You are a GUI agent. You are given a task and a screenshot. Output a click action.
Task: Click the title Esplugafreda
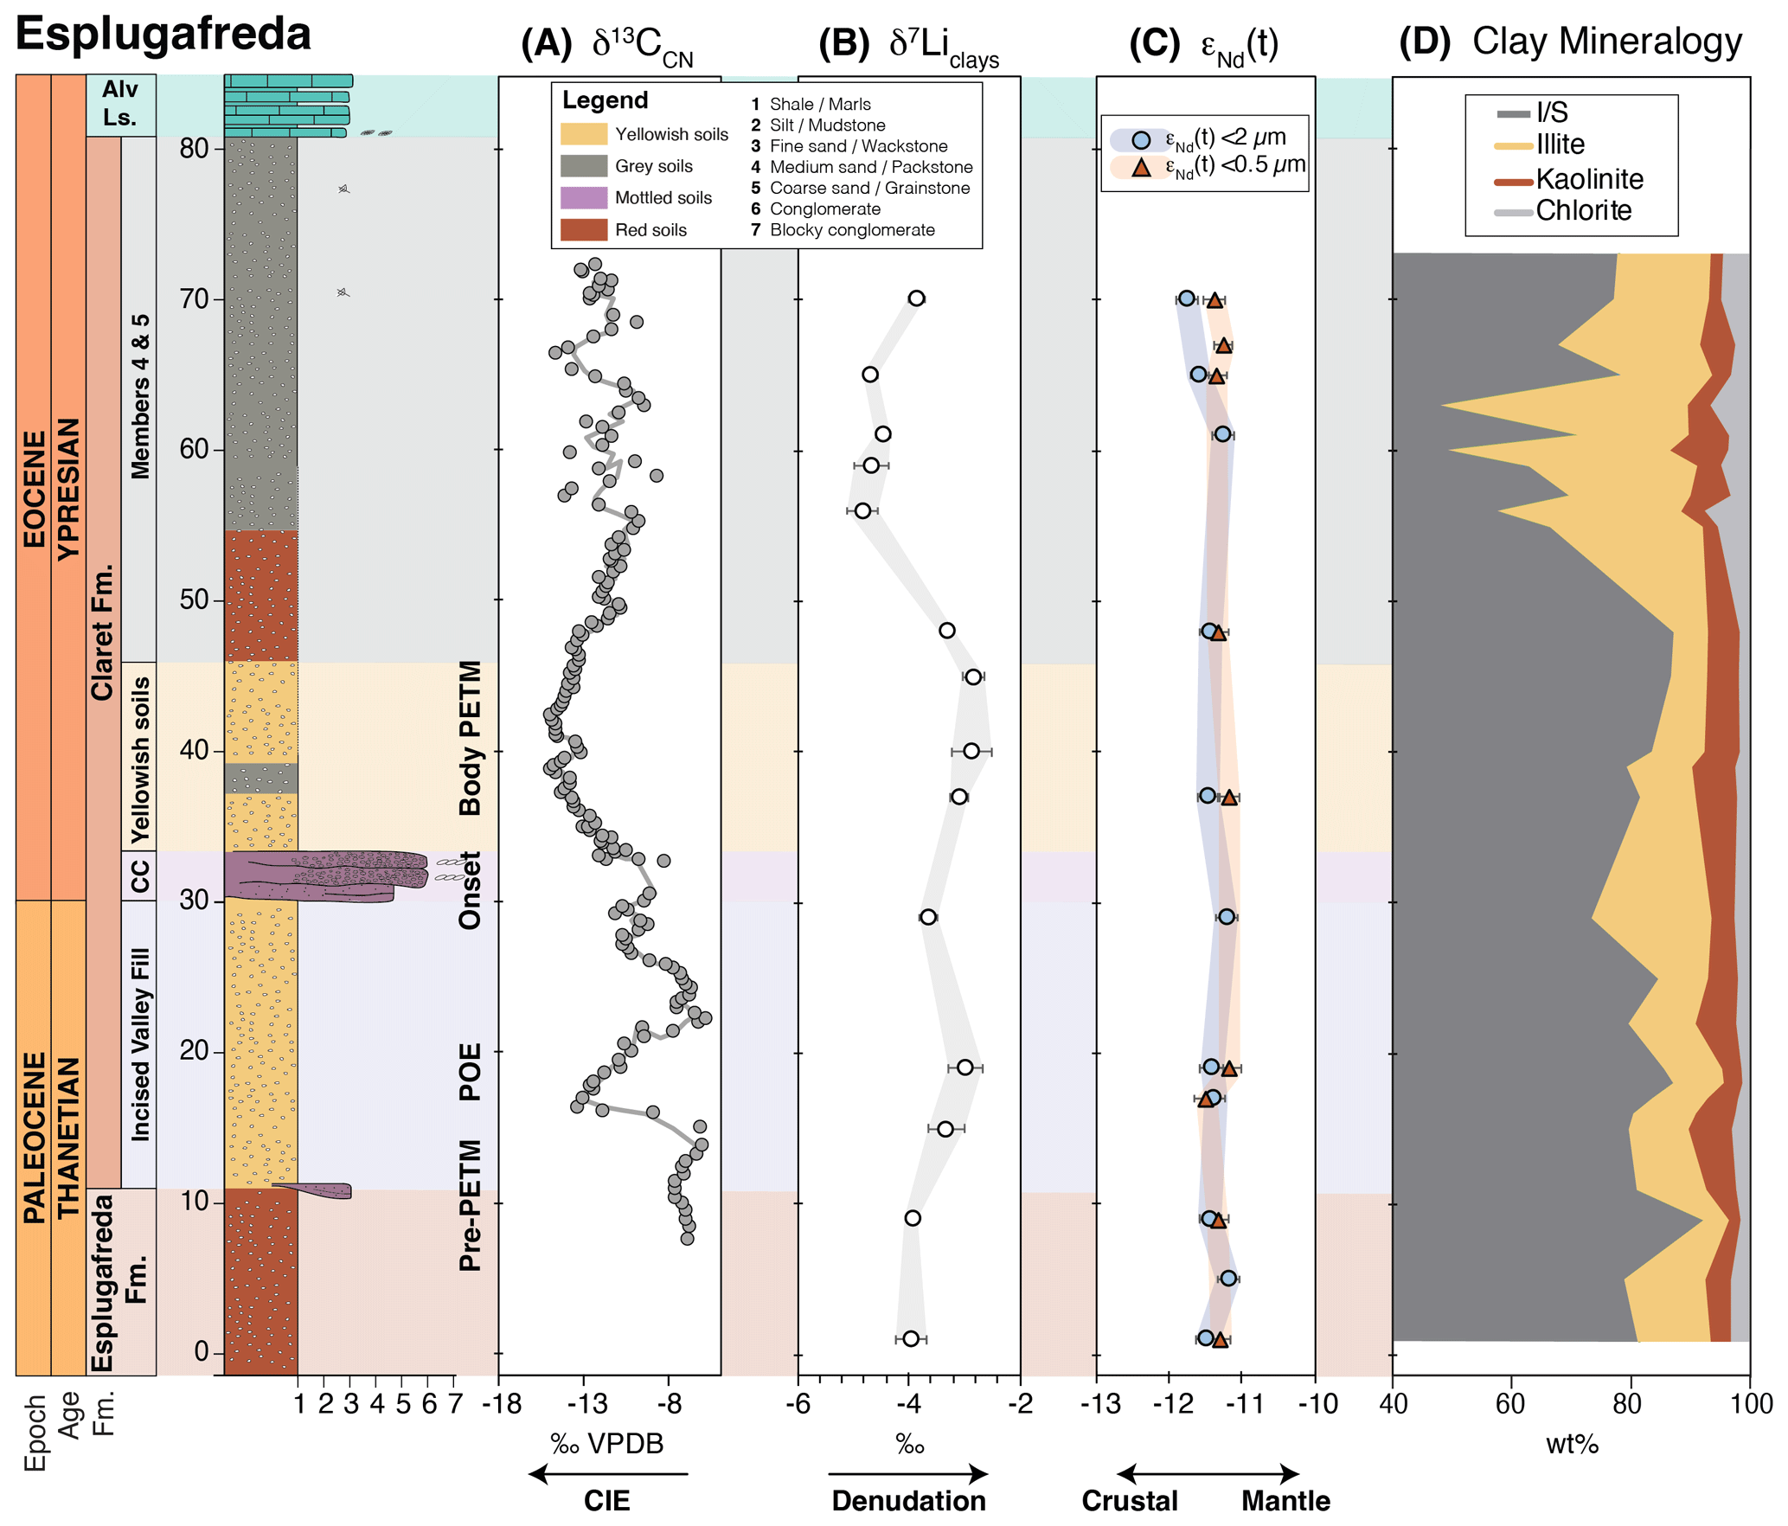[x=163, y=35]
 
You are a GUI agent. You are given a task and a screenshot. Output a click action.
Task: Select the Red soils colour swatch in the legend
[x=583, y=230]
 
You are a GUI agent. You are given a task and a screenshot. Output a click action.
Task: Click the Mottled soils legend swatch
[x=583, y=198]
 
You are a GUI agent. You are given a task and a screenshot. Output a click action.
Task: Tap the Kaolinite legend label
[x=1589, y=179]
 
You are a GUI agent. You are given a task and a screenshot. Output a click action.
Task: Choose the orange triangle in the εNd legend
[x=1141, y=168]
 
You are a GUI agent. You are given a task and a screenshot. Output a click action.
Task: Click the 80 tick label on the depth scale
[x=195, y=149]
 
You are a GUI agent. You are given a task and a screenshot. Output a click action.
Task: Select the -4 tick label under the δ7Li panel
[x=908, y=1404]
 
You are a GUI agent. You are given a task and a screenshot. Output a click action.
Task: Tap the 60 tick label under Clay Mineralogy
[x=1510, y=1404]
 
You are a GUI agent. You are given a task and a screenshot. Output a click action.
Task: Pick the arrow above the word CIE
[x=607, y=1474]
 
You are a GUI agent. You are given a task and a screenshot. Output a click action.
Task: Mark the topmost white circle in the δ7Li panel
[x=916, y=298]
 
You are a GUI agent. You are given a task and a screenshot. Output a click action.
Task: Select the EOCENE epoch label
[x=34, y=489]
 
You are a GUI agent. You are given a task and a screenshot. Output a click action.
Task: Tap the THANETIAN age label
[x=68, y=1138]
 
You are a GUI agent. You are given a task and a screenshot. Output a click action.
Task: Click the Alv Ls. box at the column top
[x=120, y=104]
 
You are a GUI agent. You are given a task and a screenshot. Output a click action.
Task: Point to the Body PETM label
[x=470, y=738]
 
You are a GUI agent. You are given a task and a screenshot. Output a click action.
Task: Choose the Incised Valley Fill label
[x=139, y=1044]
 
